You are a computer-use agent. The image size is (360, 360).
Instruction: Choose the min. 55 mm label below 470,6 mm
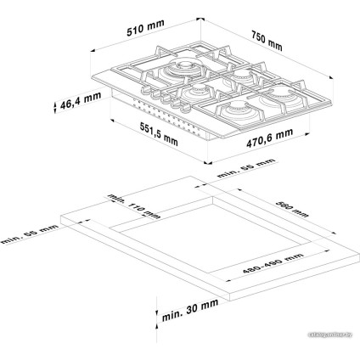tap(246, 166)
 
